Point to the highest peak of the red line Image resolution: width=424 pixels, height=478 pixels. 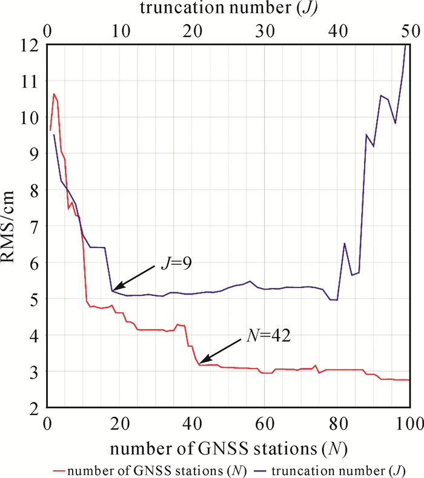(54, 94)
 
